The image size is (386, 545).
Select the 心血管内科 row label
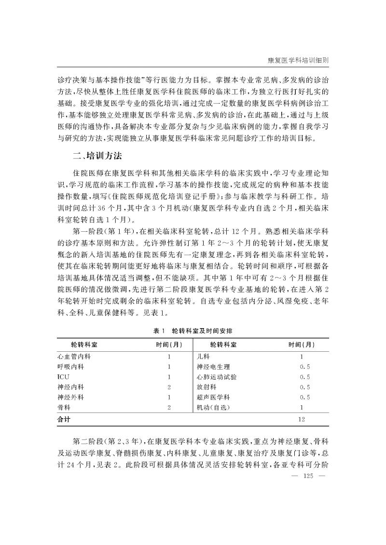click(x=74, y=357)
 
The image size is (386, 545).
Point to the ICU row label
click(x=63, y=377)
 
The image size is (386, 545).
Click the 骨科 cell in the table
click(x=64, y=407)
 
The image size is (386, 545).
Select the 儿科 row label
click(x=204, y=357)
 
